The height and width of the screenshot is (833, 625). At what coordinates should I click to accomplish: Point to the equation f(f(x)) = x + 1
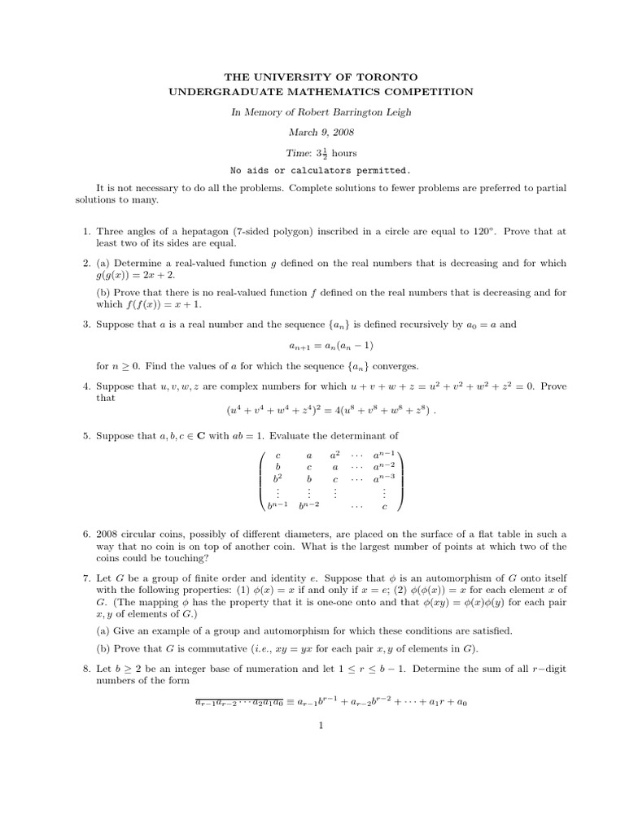coord(173,304)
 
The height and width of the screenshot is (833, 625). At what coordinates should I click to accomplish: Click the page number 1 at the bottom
coord(323,726)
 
